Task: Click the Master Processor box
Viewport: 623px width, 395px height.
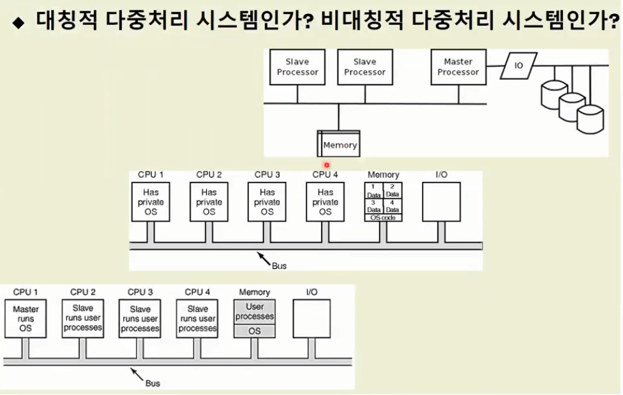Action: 458,67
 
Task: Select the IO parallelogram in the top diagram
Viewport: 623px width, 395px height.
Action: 518,65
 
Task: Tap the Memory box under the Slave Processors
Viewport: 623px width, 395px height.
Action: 339,144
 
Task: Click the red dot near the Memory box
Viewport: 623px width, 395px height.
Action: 326,165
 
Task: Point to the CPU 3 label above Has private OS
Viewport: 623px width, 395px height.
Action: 267,175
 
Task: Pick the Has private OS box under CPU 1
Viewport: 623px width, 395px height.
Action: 151,202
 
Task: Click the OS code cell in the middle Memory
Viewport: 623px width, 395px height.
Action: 384,218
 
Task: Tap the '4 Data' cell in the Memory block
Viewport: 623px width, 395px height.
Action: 393,206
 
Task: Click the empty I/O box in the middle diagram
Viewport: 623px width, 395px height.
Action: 441,202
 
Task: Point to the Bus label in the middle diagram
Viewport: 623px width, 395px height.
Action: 279,265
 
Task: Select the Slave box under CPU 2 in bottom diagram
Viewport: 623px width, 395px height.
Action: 83,318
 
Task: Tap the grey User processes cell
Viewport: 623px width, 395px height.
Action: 255,311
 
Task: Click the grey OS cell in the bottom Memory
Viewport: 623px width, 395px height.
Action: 255,331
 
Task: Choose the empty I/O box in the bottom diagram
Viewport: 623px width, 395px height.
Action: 311,318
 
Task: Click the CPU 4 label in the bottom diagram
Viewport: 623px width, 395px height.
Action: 197,292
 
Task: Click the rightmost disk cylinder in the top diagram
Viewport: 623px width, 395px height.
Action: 590,119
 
